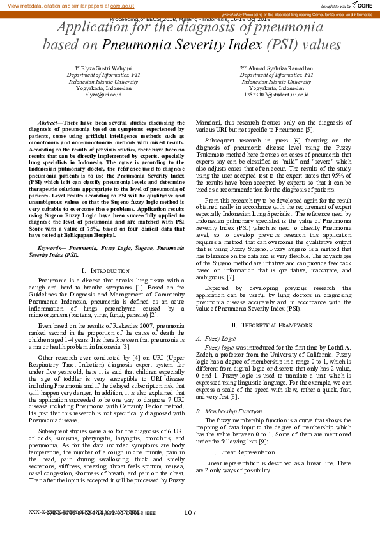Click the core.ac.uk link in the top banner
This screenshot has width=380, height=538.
(122, 5)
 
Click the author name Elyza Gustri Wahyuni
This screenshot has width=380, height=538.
(105, 68)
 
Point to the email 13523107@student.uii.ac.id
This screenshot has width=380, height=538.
(276, 95)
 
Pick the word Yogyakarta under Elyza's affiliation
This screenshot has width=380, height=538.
(91, 88)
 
